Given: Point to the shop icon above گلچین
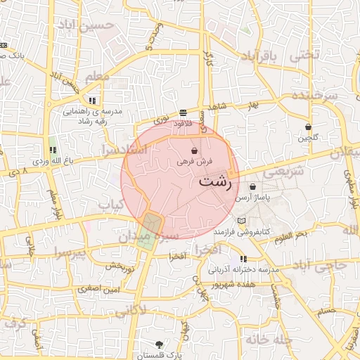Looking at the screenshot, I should [x=309, y=127].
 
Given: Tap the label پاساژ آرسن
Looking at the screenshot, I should [x=252, y=198].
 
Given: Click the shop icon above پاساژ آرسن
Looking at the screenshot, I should [x=253, y=187].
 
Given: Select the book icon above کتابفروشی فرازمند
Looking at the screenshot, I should [x=242, y=221].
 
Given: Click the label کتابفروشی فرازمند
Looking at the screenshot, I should [x=243, y=231].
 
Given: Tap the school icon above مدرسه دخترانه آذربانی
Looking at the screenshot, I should [x=243, y=259].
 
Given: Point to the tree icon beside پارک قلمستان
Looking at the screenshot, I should [x=161, y=345].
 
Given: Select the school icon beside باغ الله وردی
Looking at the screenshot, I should [x=53, y=150].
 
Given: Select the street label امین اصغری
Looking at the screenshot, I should [x=98, y=289].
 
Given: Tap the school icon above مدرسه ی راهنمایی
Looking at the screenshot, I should [x=92, y=101].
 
